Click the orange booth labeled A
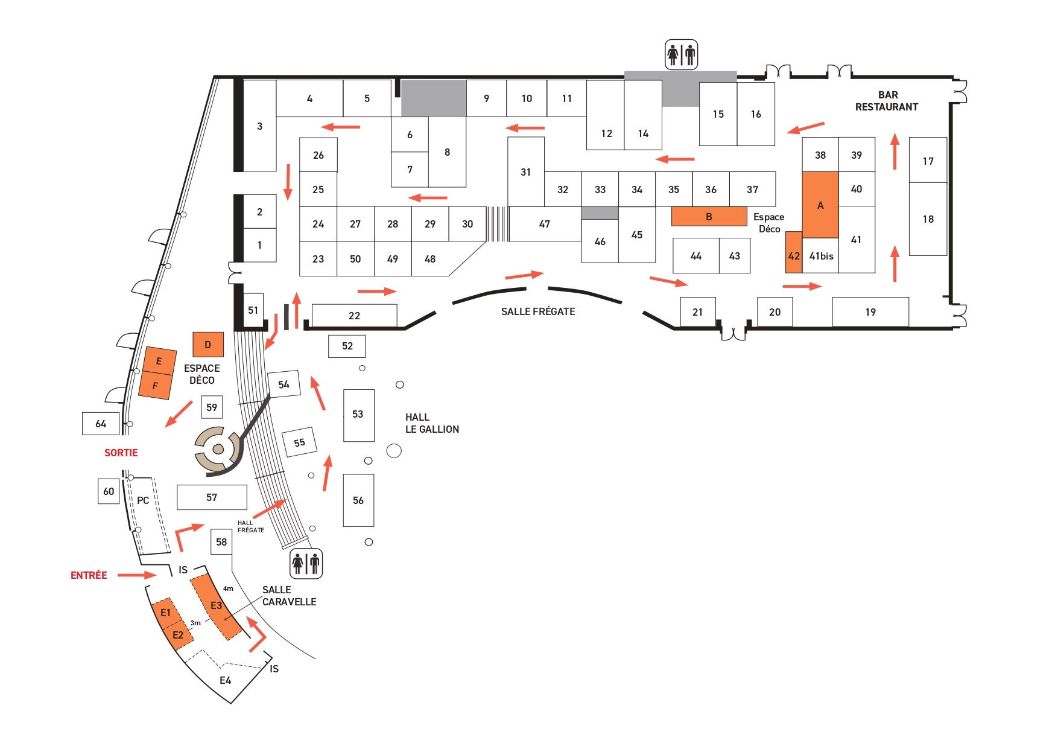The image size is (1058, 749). tap(820, 205)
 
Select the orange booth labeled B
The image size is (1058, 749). tap(709, 217)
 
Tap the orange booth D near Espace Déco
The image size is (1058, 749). tap(208, 345)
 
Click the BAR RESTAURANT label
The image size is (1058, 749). tap(887, 101)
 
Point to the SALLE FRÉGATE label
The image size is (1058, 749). tap(538, 311)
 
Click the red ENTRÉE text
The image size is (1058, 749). tap(89, 575)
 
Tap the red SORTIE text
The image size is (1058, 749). tap(121, 453)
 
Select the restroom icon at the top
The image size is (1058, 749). tap(681, 55)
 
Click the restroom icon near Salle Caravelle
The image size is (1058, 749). tap(306, 564)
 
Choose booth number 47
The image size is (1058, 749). tap(545, 224)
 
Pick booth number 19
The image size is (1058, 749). tap(870, 312)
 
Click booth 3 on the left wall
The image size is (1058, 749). tap(259, 126)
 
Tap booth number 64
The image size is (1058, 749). tap(101, 424)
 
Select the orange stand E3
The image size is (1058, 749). tap(215, 606)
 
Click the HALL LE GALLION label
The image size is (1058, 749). tap(432, 423)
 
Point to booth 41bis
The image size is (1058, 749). tap(821, 256)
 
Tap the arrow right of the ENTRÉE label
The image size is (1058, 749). tap(137, 575)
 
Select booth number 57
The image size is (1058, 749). tap(212, 497)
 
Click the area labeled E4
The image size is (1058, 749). tap(225, 680)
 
